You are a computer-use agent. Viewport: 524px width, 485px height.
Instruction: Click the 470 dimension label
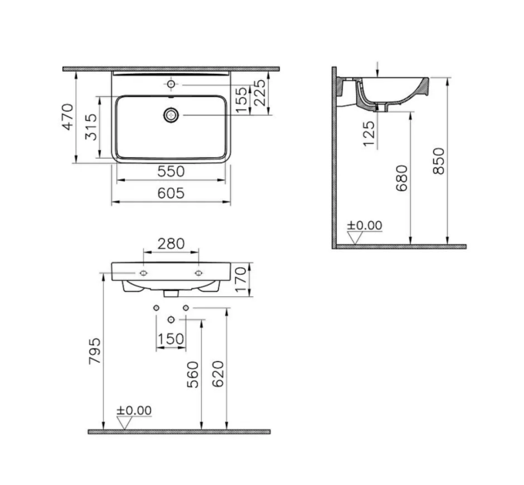coord(68,117)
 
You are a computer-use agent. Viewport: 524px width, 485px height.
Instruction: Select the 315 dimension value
coord(91,127)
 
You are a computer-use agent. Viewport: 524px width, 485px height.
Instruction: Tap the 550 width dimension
coord(171,172)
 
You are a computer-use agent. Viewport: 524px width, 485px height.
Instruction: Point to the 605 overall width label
coord(171,193)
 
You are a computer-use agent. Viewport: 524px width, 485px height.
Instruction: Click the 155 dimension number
coord(242,100)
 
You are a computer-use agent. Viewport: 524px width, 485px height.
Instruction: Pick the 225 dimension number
coord(260,92)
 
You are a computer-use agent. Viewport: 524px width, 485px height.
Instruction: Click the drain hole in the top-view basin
coord(171,115)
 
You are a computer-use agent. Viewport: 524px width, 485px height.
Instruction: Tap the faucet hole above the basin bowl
coord(171,84)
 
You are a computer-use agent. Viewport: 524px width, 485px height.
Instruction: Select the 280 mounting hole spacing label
coord(171,244)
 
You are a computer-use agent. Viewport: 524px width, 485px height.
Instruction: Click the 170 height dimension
coord(242,279)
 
